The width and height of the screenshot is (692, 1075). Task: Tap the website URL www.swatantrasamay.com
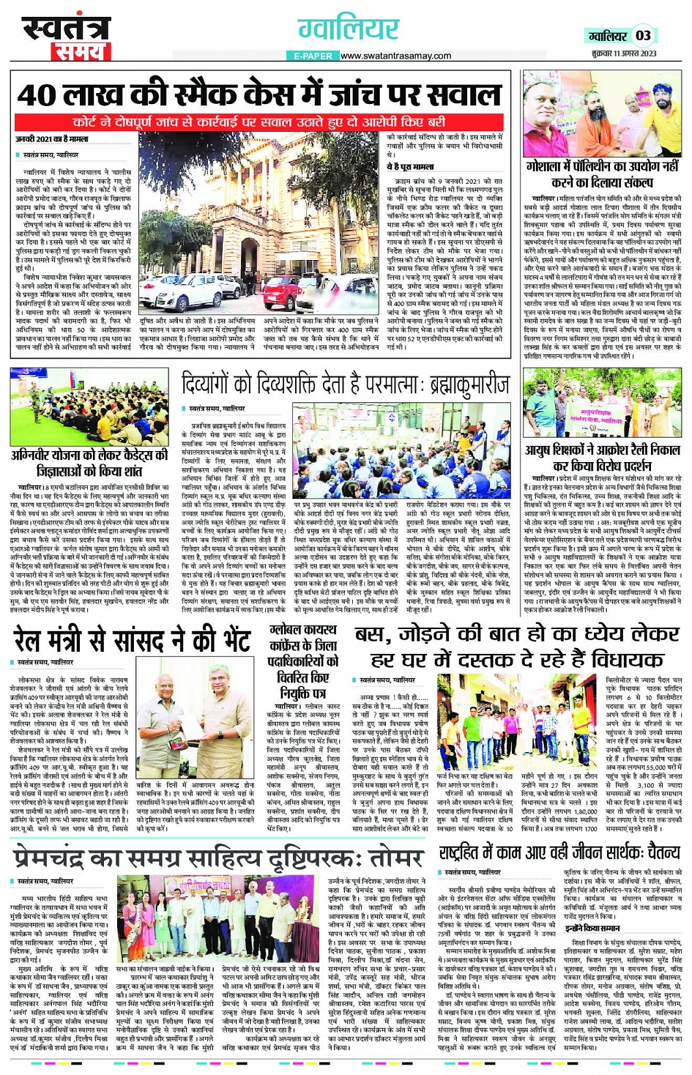395,56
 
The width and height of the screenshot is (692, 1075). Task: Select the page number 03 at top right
642,36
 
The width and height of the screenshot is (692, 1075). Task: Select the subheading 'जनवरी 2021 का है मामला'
51,138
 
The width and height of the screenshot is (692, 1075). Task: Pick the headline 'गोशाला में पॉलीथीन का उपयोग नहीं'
601,167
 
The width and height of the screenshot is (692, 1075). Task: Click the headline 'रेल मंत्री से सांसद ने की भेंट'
132,639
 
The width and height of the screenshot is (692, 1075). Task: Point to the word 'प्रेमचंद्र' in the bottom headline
62,856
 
